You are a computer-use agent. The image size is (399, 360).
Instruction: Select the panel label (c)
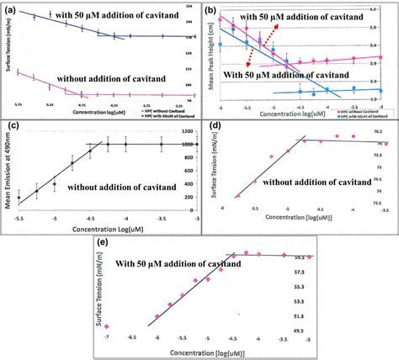[x=11, y=127]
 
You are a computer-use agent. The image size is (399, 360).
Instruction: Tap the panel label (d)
[x=214, y=129]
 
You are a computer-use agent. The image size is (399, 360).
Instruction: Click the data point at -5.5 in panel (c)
[x=36, y=192]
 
